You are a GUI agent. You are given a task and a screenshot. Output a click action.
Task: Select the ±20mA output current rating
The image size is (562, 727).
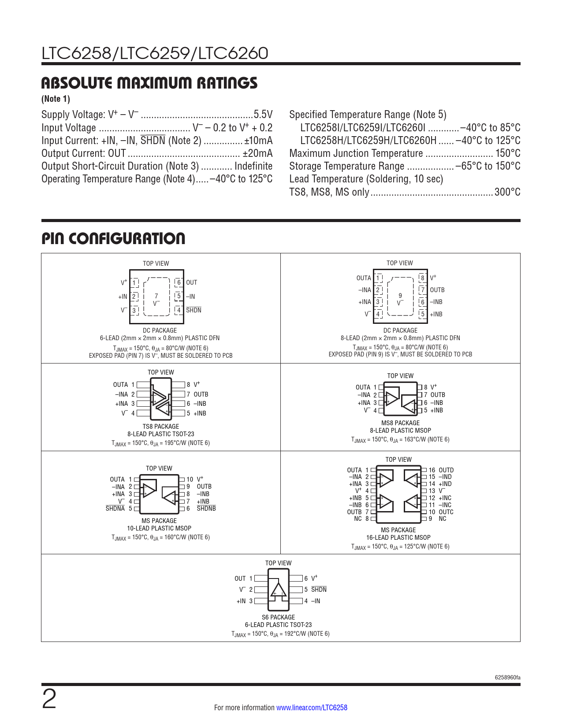pos(257,153)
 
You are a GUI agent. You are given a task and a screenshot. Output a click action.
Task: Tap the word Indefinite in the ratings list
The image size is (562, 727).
pos(253,166)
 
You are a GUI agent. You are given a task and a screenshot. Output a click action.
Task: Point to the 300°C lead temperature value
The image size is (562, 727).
pos(507,192)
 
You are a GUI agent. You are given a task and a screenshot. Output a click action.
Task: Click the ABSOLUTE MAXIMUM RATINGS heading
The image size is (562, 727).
pos(149,83)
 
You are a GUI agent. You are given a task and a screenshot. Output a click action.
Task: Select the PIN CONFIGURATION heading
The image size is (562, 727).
pos(113,239)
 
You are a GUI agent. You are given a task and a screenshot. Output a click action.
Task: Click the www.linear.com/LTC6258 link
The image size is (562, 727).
pos(312,708)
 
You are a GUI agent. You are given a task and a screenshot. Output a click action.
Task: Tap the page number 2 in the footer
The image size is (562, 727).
pos(49,700)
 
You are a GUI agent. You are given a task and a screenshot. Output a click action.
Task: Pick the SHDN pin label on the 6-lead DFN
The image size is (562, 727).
pos(194,310)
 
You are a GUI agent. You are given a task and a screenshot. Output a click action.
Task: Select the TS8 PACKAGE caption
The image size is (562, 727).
pos(161,427)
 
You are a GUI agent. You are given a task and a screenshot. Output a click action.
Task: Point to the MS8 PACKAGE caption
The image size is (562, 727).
pos(400,423)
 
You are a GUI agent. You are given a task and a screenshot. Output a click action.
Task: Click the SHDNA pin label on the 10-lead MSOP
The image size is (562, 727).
pos(115,508)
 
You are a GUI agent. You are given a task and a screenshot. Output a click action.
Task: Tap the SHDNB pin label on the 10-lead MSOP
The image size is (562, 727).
pos(206,508)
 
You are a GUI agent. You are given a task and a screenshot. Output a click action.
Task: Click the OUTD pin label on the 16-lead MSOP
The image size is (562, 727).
pos(446,470)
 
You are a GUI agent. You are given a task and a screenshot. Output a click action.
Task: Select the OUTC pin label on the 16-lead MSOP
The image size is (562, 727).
pos(446,512)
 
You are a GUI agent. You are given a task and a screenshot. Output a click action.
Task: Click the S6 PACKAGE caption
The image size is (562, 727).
pos(278,617)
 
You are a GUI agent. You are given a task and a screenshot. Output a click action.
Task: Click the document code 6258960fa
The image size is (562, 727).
pos(507,678)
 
